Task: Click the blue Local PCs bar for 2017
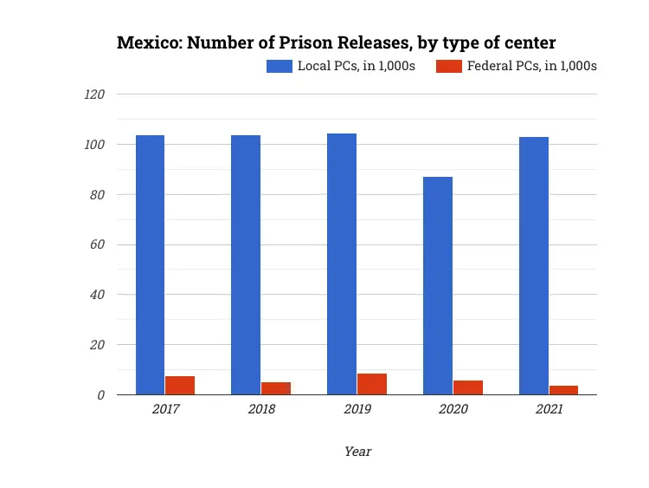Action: pyautogui.click(x=150, y=264)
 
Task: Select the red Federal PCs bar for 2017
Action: pyautogui.click(x=180, y=385)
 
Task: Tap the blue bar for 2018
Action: pyautogui.click(x=246, y=264)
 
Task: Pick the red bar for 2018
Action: pyautogui.click(x=276, y=388)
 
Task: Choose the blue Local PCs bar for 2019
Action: pyautogui.click(x=342, y=264)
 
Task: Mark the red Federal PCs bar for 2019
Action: pyautogui.click(x=372, y=384)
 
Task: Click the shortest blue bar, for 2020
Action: pyautogui.click(x=438, y=285)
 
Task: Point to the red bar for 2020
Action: pyautogui.click(x=468, y=387)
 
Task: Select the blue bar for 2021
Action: pyautogui.click(x=534, y=265)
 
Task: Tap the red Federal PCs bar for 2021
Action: pyautogui.click(x=563, y=390)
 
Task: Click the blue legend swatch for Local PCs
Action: pyautogui.click(x=280, y=66)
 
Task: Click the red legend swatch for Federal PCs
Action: pyautogui.click(x=447, y=66)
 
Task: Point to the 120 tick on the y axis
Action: pyautogui.click(x=94, y=94)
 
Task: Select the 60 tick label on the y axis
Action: pyautogui.click(x=98, y=244)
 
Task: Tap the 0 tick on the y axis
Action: pyautogui.click(x=101, y=395)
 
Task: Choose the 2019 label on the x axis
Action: pyautogui.click(x=357, y=409)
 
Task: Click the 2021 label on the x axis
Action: pyautogui.click(x=549, y=409)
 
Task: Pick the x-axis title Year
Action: pyautogui.click(x=357, y=451)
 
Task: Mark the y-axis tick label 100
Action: pyautogui.click(x=94, y=145)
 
